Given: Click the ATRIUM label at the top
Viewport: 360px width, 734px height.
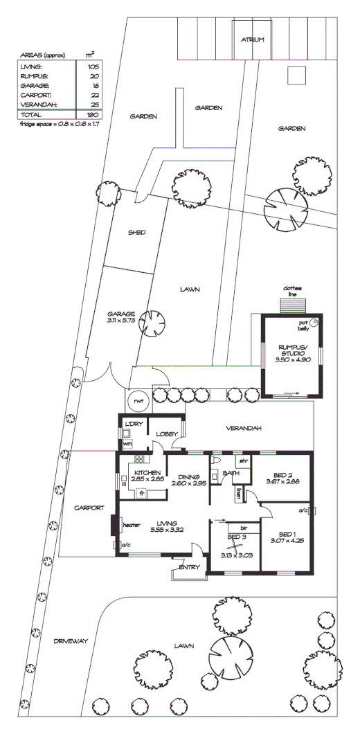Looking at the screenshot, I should coord(253,40).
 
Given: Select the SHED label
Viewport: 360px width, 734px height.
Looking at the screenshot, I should coord(136,233).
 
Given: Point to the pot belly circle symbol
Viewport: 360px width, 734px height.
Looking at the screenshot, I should coord(315,322).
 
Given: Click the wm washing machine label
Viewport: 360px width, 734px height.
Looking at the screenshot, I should coord(127,443).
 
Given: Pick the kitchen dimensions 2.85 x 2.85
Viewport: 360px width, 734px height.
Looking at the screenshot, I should coord(142,479).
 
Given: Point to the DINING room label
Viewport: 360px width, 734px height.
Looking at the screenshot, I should coord(188,476).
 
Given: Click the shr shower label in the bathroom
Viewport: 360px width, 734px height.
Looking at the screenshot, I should coord(244,460).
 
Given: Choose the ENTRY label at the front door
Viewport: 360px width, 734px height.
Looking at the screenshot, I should coord(188,567).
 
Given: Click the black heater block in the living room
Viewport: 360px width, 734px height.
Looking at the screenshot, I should coord(115,524).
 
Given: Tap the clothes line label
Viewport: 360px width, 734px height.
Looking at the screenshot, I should coord(292,292).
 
